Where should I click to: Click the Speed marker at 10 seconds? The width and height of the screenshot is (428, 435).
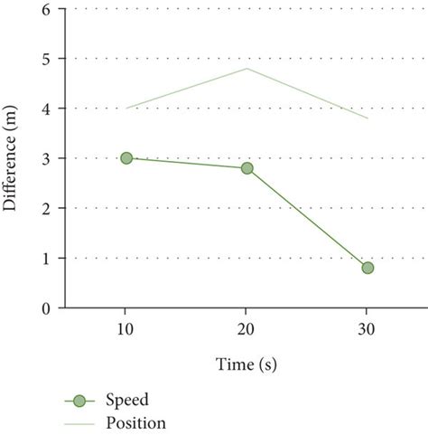[126, 158]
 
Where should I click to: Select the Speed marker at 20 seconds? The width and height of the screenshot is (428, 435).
[247, 168]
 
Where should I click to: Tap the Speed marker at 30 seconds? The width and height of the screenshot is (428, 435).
[368, 268]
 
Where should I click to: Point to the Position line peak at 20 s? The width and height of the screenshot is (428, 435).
[247, 68]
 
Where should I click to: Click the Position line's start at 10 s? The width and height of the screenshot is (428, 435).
[126, 109]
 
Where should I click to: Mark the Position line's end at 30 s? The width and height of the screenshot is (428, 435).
[368, 118]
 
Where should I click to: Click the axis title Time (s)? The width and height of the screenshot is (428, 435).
[247, 364]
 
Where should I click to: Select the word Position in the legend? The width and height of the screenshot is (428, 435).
[135, 422]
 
